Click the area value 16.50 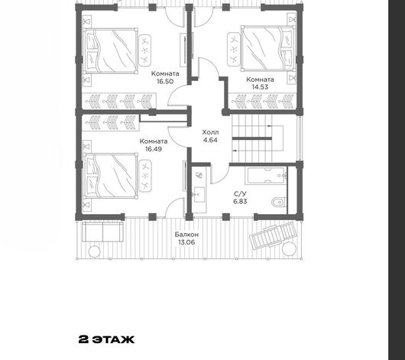(165, 82)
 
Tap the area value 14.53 (260, 87)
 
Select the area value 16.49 (154, 149)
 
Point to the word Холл (210, 132)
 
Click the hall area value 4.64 (210, 140)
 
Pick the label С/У (240, 194)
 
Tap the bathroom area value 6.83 (240, 201)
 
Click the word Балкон (186, 235)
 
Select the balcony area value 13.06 (186, 242)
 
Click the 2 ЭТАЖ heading (106, 339)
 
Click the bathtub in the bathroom (266, 176)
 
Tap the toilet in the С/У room (279, 203)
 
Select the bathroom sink (199, 194)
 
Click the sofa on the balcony (102, 232)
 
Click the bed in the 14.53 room (268, 48)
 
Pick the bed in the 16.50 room (111, 51)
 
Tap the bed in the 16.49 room (111, 176)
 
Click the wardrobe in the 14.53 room (262, 101)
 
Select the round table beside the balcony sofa (94, 251)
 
